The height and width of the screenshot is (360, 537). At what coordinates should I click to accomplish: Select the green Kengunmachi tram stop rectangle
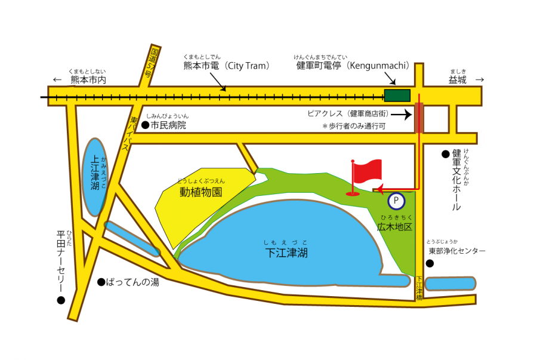(397, 96)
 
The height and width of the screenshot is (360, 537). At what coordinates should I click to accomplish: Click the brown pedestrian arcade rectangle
(419, 117)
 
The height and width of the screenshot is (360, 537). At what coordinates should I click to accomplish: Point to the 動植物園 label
(200, 192)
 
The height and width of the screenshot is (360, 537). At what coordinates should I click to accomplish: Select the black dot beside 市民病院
(144, 125)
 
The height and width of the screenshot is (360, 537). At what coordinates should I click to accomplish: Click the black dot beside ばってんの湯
(101, 282)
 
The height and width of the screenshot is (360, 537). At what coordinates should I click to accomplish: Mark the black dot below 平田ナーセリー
(60, 300)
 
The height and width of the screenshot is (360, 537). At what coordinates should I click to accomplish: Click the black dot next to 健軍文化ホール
(445, 154)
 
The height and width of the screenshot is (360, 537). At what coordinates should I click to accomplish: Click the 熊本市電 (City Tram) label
(227, 66)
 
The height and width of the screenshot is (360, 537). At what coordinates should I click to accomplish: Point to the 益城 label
(458, 79)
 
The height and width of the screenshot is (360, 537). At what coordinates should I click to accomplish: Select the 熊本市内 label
(88, 80)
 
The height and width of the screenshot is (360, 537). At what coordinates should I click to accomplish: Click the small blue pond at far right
(451, 284)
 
